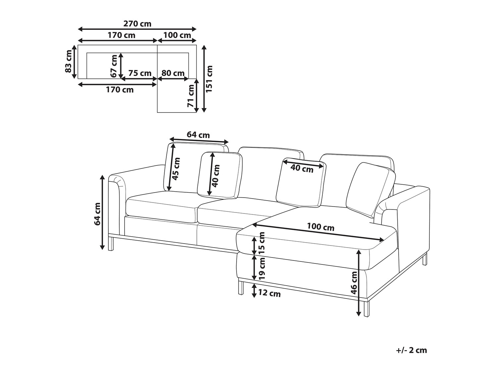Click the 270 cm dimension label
(x=137, y=24)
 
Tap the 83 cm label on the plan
(x=68, y=61)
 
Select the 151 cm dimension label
(x=209, y=79)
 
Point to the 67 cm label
(x=114, y=66)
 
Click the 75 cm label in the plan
(x=140, y=73)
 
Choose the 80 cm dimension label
(x=173, y=73)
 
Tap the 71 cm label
(x=191, y=96)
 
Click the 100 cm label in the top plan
(x=177, y=35)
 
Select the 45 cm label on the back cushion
(x=176, y=169)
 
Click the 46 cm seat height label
(x=354, y=283)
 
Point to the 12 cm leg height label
(x=269, y=294)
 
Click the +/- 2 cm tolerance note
(x=412, y=350)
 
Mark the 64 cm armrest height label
(x=97, y=214)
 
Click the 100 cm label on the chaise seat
(x=320, y=227)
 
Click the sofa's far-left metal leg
(x=111, y=243)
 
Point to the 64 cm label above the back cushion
(x=198, y=135)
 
